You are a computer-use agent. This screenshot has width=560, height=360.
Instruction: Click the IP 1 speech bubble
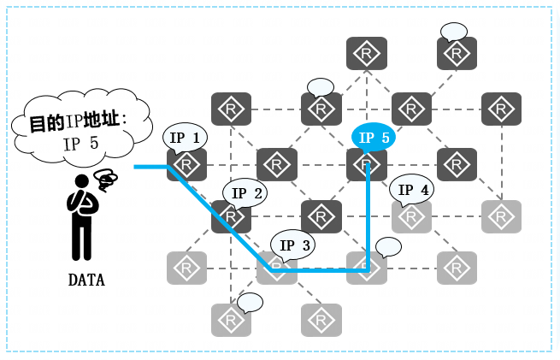[185, 137]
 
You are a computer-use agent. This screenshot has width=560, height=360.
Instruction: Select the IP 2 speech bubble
[245, 193]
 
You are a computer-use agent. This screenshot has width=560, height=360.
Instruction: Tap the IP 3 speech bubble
[293, 245]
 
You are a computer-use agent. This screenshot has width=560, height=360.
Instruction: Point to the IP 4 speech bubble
[413, 190]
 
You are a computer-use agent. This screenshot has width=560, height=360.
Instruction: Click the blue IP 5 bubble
[374, 137]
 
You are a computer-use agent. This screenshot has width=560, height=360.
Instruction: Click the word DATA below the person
[86, 280]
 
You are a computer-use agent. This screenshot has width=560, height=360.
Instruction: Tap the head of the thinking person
[83, 181]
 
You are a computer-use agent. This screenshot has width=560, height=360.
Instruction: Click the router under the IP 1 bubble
[186, 164]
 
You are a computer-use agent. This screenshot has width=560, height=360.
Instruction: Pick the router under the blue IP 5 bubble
[367, 164]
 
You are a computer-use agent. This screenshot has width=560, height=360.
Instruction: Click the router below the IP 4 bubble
[412, 216]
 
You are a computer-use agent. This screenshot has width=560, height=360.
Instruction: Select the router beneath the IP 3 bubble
[275, 269]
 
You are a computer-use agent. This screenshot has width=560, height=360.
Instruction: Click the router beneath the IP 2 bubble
[232, 216]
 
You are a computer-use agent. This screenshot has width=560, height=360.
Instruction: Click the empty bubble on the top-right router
[454, 32]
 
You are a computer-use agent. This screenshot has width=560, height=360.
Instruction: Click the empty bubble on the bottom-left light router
[250, 302]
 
